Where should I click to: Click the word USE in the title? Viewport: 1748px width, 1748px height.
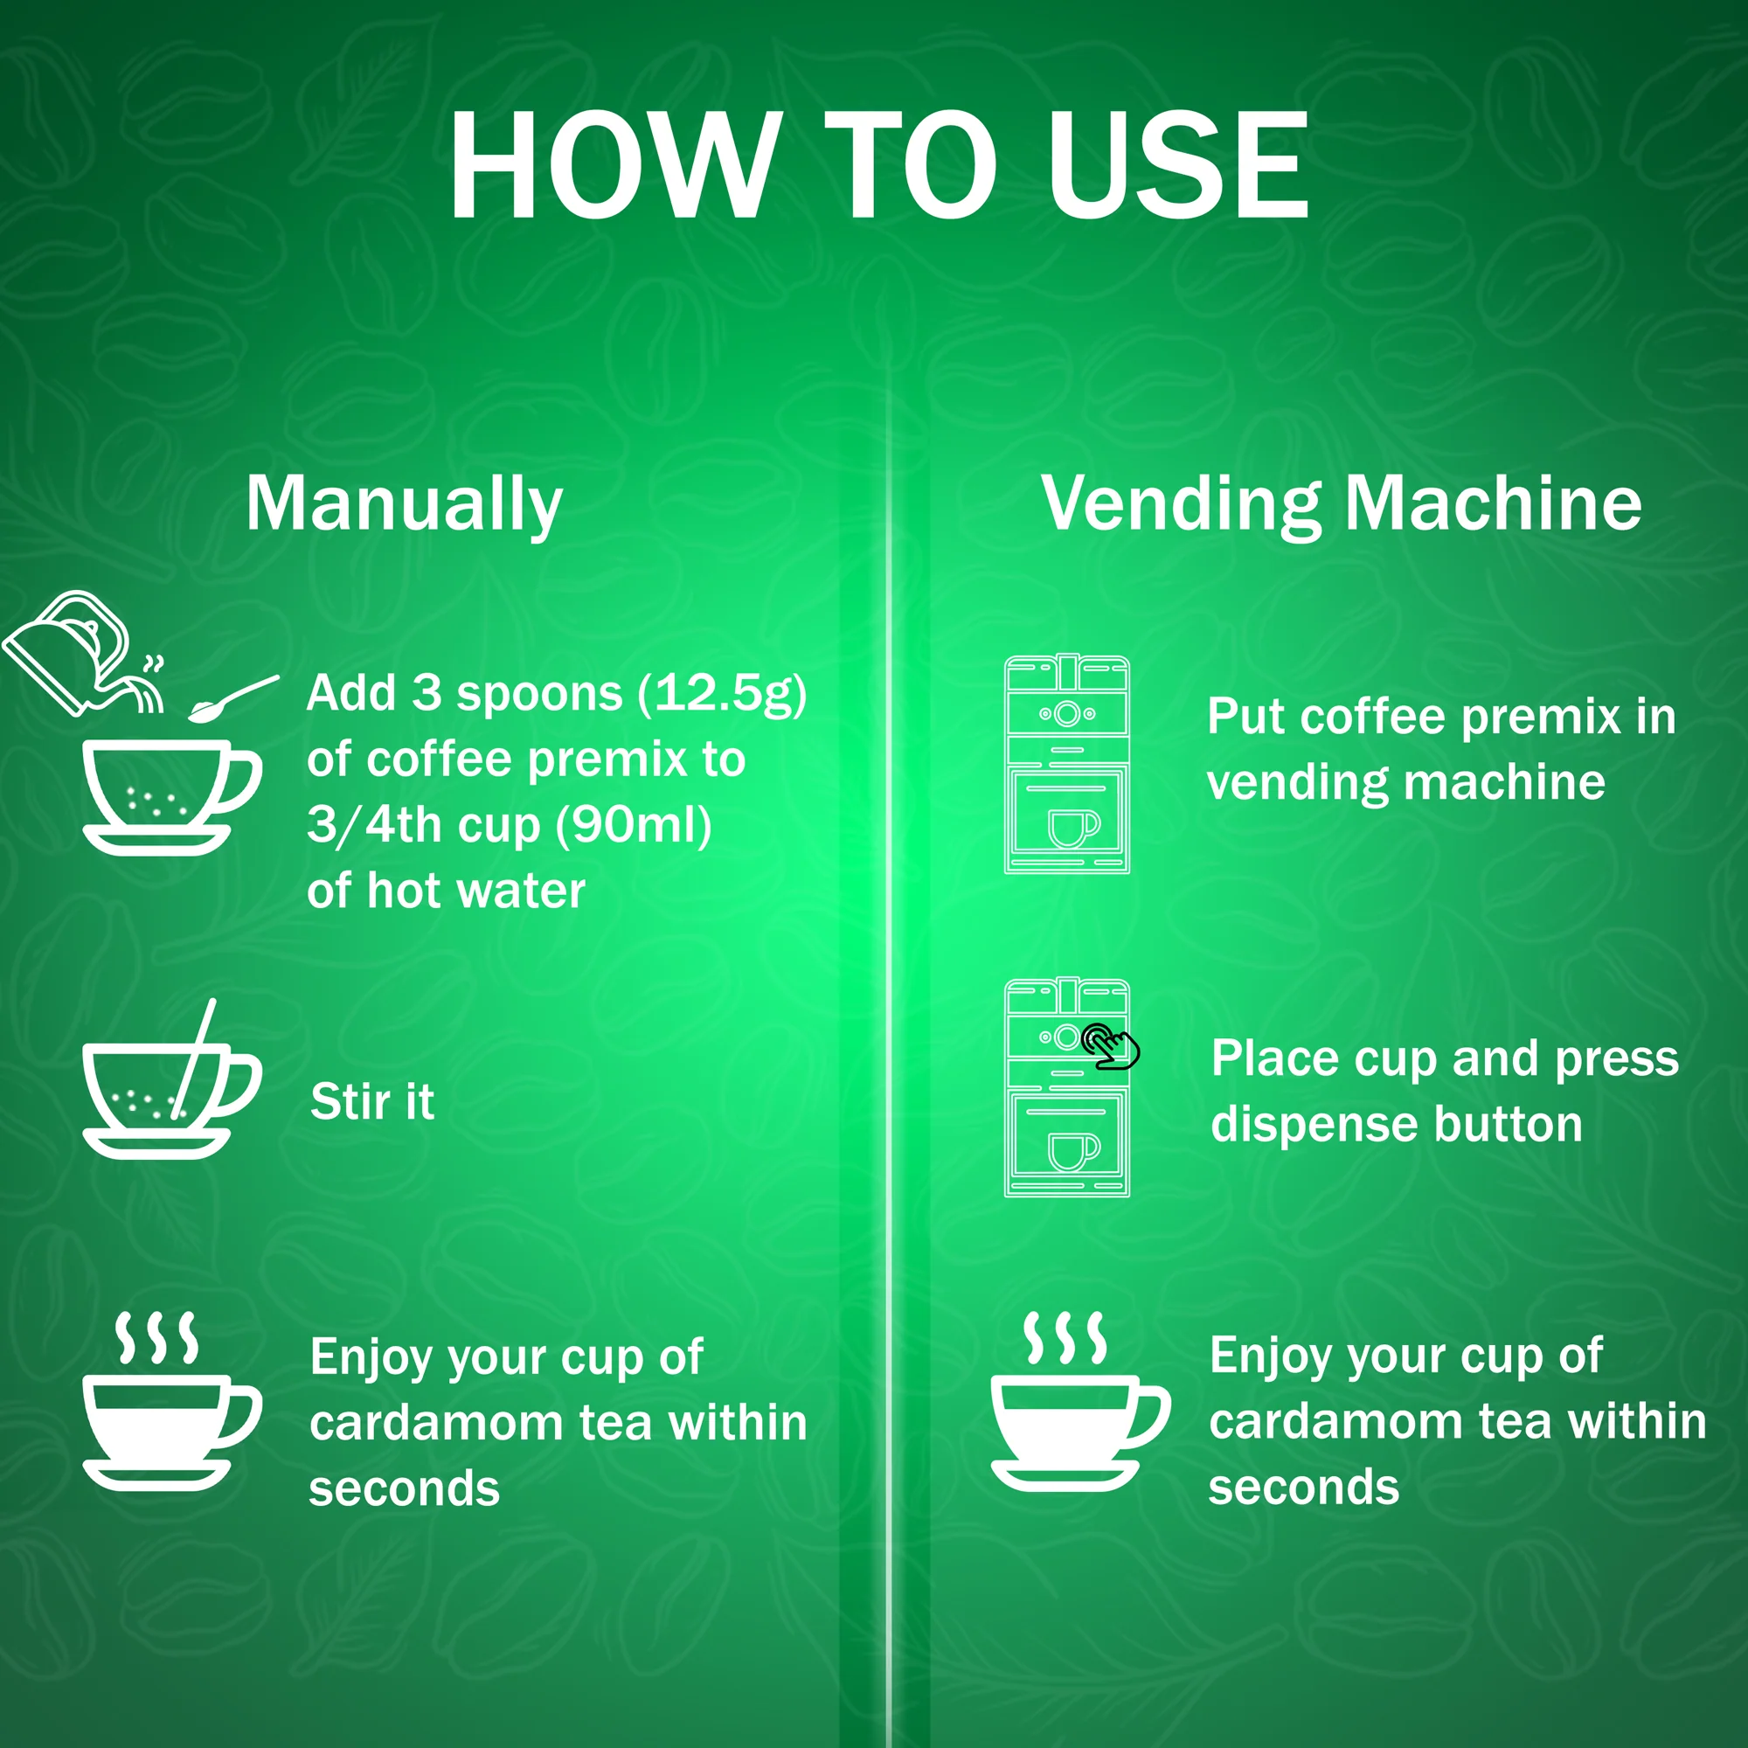point(1178,164)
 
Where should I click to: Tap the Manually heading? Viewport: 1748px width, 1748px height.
point(404,505)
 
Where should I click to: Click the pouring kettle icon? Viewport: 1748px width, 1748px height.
point(83,652)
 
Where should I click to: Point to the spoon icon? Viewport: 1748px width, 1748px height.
point(233,699)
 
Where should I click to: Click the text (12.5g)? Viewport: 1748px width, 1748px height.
point(722,695)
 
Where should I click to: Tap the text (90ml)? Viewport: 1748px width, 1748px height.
point(634,826)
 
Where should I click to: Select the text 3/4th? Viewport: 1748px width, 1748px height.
point(378,826)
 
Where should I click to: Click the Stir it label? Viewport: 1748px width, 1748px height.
point(371,1102)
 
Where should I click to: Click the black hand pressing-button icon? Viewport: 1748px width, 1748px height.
point(1111,1046)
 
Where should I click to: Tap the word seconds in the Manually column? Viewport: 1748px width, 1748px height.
point(405,1489)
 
